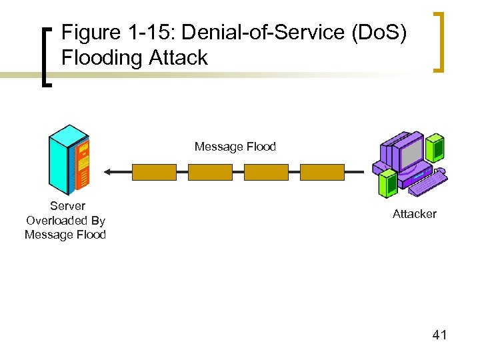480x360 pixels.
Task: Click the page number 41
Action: coord(439,335)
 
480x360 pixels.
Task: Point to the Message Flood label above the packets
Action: coord(235,147)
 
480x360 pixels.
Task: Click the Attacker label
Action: coord(414,214)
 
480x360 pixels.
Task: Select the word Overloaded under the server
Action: coord(65,221)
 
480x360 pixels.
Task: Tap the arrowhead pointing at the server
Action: coord(107,172)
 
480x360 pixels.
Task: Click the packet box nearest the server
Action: coord(154,172)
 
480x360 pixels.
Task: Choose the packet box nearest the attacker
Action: coord(322,172)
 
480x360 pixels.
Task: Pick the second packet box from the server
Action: coord(210,172)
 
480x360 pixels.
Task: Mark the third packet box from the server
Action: coord(266,172)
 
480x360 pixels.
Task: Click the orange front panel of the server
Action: coord(83,163)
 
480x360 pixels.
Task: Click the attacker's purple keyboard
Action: coord(427,183)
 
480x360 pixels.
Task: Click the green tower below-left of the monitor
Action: coord(386,183)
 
